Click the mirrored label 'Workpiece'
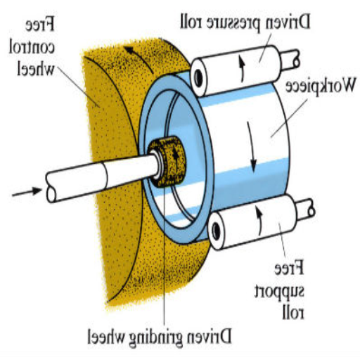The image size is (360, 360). pos(320,86)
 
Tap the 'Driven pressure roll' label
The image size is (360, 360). pos(245,22)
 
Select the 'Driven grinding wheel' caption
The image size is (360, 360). pos(160,337)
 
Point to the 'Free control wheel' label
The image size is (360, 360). pos(32,48)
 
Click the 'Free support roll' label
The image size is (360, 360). pos(279,289)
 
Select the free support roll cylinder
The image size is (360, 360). pos(252,222)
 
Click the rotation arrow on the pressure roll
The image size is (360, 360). pos(242,70)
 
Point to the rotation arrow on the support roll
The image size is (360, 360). pos(259,221)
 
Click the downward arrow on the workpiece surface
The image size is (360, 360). pos(252,147)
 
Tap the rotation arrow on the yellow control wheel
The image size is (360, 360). pos(139,59)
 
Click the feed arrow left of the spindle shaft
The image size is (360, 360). pos(27,192)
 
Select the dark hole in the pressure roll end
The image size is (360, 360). pos(198,78)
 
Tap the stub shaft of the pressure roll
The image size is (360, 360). pos(290,60)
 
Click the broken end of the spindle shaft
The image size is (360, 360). pos(51,188)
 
